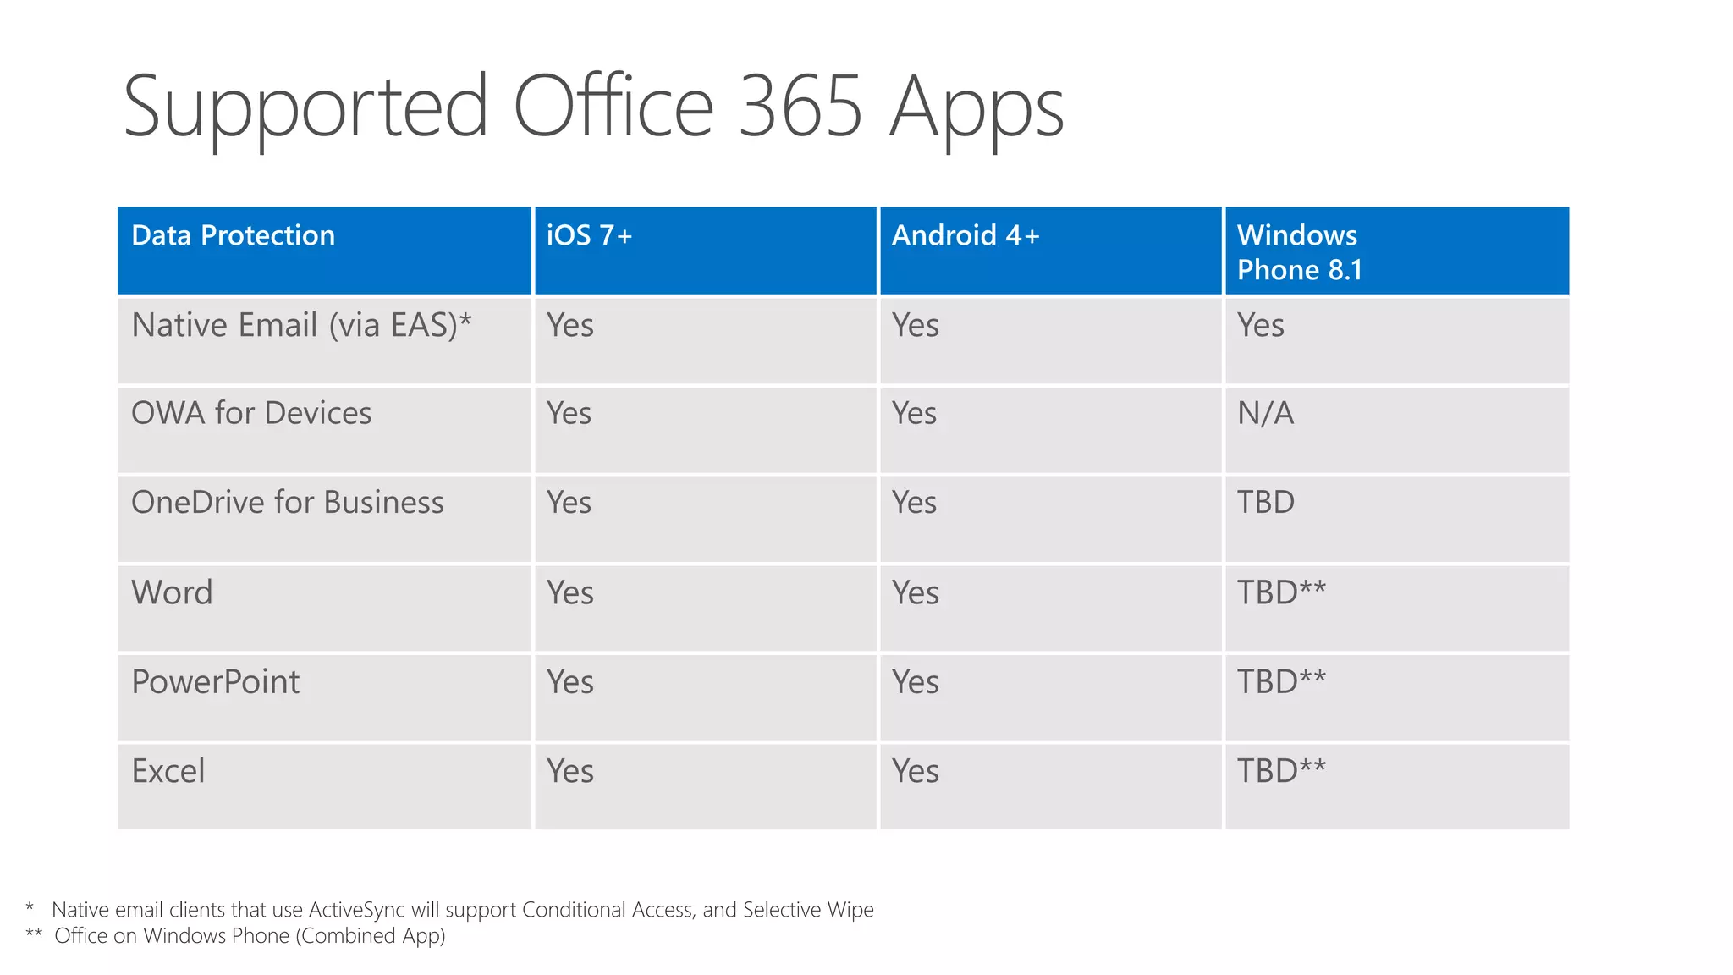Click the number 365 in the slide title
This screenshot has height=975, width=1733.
tap(799, 107)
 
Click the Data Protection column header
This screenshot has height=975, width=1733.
tap(233, 235)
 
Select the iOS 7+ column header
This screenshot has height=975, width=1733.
tap(589, 235)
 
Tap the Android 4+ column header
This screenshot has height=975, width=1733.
tap(965, 235)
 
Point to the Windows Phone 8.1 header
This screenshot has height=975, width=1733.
tap(1299, 252)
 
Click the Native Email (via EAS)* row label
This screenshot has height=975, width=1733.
tap(301, 325)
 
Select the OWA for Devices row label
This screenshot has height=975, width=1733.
tap(251, 413)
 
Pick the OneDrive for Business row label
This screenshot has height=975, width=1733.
tap(288, 503)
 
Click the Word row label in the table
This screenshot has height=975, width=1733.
tap(172, 592)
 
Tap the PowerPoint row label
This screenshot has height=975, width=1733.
tap(216, 682)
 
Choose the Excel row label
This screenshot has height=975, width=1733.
tap(168, 771)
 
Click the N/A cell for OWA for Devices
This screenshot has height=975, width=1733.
tap(1265, 413)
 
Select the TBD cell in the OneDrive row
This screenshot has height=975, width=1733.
tap(1266, 503)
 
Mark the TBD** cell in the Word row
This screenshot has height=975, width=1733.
tap(1281, 592)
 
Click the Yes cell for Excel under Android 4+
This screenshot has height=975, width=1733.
tap(915, 771)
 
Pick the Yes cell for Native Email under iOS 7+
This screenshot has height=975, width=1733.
tap(569, 325)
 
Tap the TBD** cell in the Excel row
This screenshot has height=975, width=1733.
tap(1281, 771)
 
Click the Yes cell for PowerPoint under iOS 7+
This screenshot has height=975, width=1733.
tap(569, 682)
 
